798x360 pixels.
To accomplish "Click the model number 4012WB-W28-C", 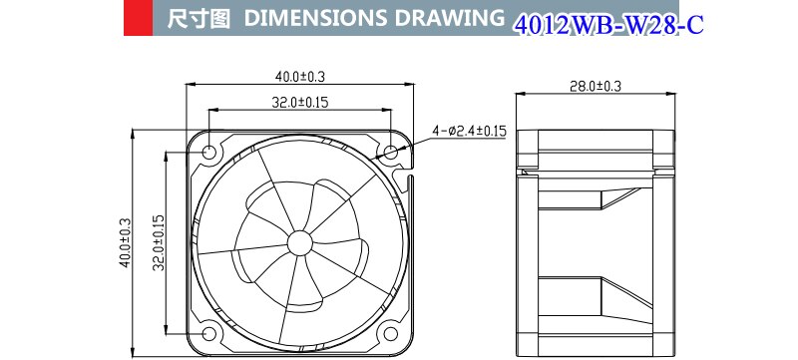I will [x=607, y=24].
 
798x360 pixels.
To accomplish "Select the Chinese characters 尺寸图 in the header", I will [x=196, y=20].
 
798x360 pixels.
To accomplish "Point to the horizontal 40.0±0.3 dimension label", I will [x=300, y=76].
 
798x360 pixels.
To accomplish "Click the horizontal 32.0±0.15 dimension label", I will [x=300, y=101].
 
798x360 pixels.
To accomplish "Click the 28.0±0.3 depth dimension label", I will [x=595, y=87].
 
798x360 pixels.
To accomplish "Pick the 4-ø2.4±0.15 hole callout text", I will [x=470, y=130].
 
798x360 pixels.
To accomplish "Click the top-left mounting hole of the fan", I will [x=210, y=153].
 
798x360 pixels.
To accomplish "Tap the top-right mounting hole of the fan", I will [x=390, y=153].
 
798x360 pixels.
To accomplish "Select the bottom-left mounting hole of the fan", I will [x=210, y=332].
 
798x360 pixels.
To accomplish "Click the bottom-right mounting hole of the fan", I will [x=390, y=332].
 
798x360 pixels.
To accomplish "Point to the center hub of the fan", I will [x=299, y=242].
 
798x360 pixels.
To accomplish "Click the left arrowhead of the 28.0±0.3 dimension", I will [x=519, y=96].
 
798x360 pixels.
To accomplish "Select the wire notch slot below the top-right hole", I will [x=404, y=180].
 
